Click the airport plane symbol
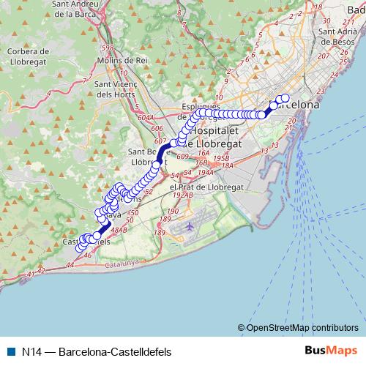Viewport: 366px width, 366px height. point(190,226)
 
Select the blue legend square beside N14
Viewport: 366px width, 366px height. point(10,351)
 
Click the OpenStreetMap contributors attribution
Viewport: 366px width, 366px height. point(302,327)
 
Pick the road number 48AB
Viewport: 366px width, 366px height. point(119,230)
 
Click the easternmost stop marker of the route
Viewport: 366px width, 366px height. point(285,99)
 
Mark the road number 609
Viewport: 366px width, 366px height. point(182,156)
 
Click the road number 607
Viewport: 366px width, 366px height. point(161,140)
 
